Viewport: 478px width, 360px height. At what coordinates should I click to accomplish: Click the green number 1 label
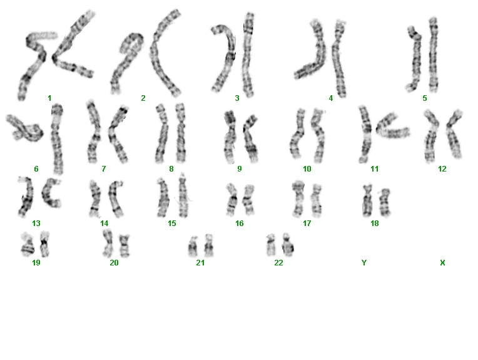[x=49, y=98]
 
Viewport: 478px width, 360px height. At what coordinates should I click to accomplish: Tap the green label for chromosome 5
[x=425, y=98]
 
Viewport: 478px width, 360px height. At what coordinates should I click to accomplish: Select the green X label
[x=442, y=263]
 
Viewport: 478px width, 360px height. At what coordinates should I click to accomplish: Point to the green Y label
[x=364, y=263]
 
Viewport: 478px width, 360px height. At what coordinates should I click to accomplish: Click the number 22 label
[x=278, y=263]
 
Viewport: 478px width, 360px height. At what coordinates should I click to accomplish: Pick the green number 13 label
[x=36, y=224]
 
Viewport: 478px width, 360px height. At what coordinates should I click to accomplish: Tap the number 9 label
[x=239, y=168]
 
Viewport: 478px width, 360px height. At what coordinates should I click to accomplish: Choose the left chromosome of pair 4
[x=317, y=55]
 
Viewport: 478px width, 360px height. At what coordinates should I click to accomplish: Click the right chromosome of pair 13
[x=50, y=193]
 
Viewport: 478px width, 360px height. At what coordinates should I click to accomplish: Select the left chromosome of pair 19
[x=28, y=245]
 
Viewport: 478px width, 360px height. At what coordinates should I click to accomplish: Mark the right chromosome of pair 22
[x=287, y=245]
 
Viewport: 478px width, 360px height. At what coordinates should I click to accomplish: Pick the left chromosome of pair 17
[x=298, y=198]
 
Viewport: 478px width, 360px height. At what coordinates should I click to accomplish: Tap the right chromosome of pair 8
[x=180, y=133]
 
